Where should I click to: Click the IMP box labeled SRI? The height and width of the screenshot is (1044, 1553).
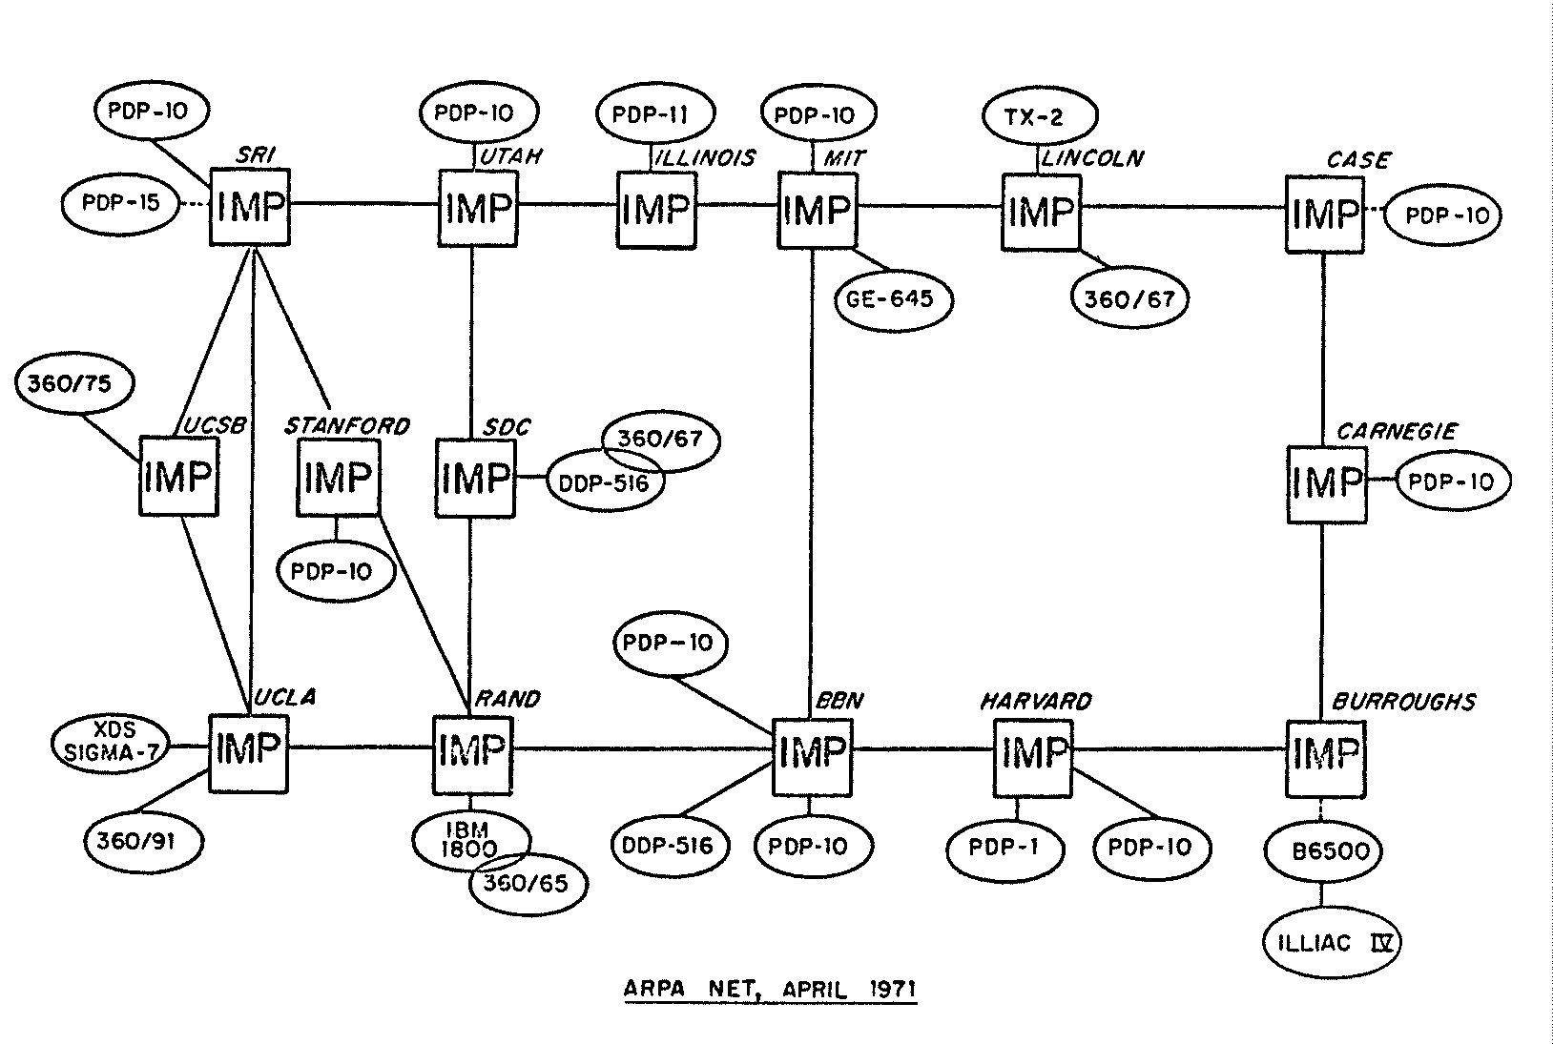click(x=249, y=205)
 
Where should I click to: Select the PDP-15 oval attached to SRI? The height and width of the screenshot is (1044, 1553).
click(x=120, y=203)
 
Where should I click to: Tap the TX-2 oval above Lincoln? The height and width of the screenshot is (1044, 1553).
click(x=1039, y=117)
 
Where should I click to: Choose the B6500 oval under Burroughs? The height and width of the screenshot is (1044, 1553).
click(x=1323, y=850)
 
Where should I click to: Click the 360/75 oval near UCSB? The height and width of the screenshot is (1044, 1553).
click(x=75, y=384)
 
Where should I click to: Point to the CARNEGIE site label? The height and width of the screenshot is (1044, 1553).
click(x=1396, y=432)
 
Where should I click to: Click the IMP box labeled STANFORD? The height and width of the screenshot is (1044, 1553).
click(x=338, y=477)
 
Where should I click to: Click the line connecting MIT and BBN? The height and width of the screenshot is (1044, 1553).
click(x=811, y=477)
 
